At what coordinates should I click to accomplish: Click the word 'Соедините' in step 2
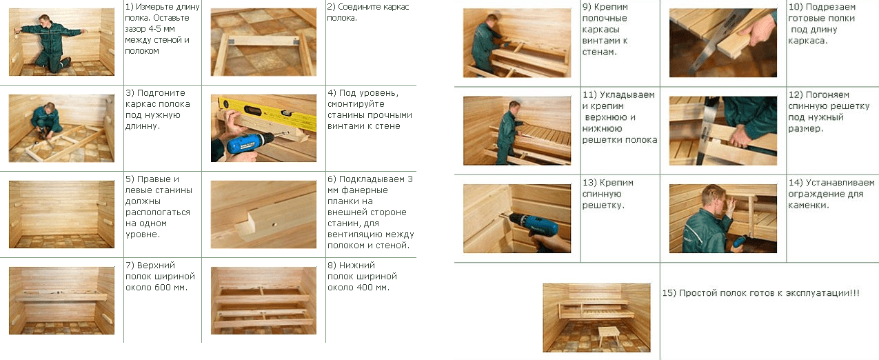click(x=361, y=7)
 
